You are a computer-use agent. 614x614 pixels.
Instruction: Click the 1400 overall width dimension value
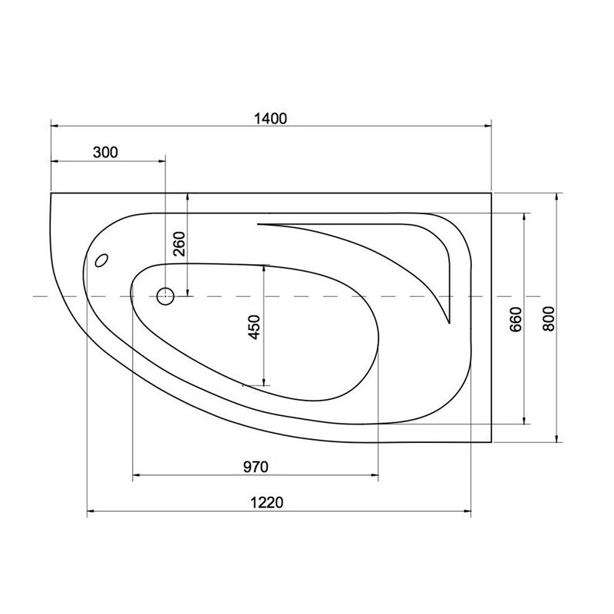[x=271, y=118]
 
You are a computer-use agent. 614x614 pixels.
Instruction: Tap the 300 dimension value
[x=105, y=152]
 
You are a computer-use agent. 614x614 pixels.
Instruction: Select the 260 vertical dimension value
[x=180, y=244]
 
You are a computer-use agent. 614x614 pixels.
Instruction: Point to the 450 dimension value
[x=255, y=327]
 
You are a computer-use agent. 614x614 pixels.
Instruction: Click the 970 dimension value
[x=256, y=467]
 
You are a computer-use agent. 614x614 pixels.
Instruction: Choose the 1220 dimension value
[x=266, y=503]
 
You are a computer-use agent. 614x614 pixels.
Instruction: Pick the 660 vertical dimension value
[x=517, y=319]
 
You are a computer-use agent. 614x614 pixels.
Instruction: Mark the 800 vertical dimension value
[x=549, y=319]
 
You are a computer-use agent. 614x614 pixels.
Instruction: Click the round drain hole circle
[x=165, y=296]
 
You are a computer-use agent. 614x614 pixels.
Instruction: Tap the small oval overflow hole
[x=102, y=260]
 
